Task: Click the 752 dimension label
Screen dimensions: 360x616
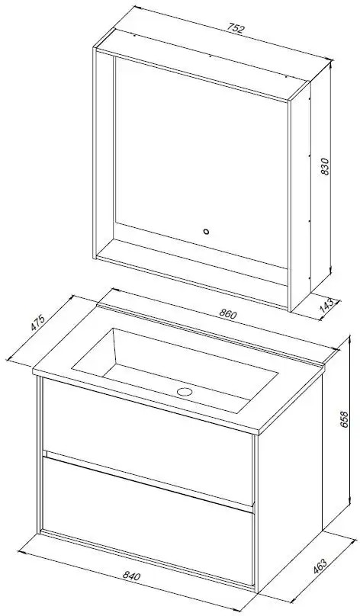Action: tap(236, 29)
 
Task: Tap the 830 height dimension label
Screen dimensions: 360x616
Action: tap(324, 167)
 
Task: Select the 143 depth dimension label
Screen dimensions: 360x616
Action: tap(327, 305)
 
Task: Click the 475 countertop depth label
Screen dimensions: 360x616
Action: tap(38, 323)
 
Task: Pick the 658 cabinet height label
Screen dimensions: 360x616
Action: tap(343, 419)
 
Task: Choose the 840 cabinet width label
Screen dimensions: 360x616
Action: tap(131, 576)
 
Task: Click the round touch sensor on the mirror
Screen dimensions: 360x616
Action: tap(207, 232)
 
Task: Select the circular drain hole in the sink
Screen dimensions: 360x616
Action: tap(184, 391)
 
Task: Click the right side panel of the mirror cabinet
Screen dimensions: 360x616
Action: tap(301, 197)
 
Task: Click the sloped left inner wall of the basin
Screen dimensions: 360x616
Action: tap(95, 351)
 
